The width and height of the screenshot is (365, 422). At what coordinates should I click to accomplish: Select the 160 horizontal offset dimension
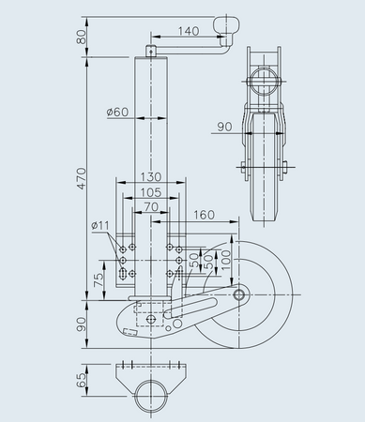point(204,214)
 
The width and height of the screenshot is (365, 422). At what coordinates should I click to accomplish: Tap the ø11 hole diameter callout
point(101,225)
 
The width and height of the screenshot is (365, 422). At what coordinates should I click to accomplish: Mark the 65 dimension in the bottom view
point(81,381)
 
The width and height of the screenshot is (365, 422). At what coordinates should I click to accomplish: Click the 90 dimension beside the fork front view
point(223,126)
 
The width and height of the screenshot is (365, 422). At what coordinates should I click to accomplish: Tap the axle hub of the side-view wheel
point(240,295)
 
